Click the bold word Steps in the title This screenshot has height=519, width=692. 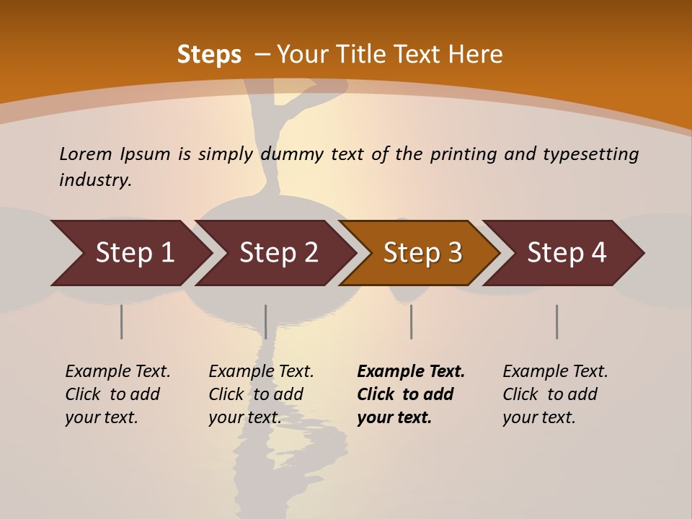point(209,55)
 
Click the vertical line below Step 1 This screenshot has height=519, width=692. point(122,321)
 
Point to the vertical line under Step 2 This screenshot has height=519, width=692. point(266,321)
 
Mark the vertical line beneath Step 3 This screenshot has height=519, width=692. point(411,321)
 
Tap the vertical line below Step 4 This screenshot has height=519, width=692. point(556,321)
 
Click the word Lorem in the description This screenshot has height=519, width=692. point(86,154)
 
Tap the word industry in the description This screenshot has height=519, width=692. point(95,180)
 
